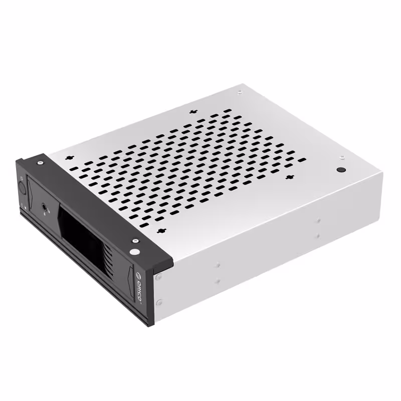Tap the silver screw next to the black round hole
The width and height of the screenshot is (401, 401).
[342, 157]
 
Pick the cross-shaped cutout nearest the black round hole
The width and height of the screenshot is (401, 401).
[289, 177]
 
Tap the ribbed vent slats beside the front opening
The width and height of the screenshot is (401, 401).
[106, 256]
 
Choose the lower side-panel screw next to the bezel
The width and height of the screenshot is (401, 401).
[159, 302]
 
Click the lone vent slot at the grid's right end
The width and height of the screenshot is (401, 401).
[302, 160]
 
